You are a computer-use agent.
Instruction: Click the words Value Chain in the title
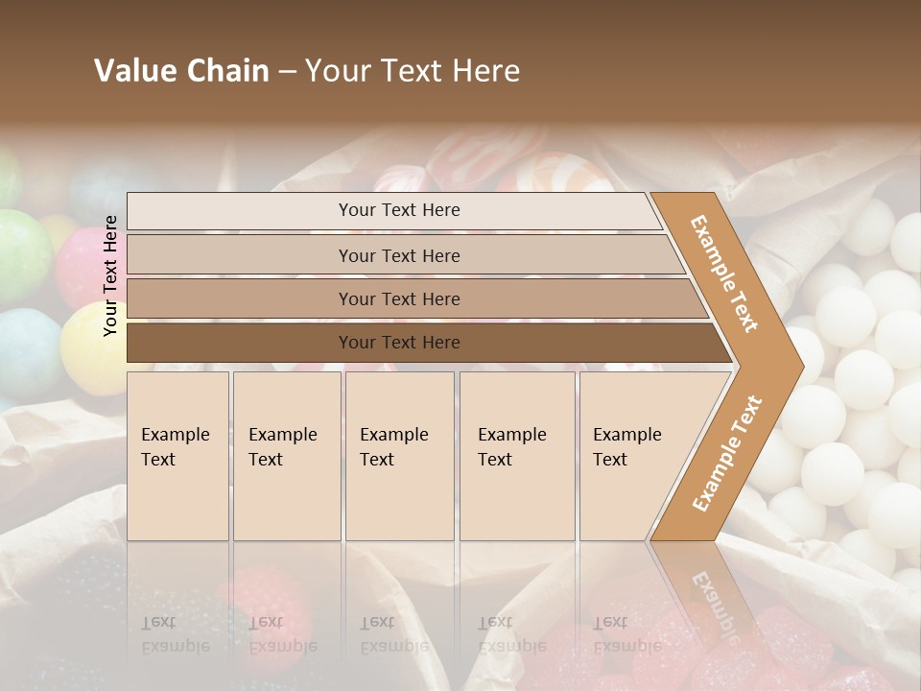point(181,71)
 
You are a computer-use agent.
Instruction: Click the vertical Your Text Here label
point(110,275)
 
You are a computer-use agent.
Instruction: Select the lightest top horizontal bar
point(398,210)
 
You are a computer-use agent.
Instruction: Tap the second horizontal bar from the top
point(398,255)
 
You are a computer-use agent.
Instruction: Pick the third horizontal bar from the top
point(398,298)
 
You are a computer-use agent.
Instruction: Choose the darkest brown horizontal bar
point(398,343)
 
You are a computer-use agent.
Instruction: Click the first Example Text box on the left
point(177,456)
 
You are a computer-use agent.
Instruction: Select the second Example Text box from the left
point(287,456)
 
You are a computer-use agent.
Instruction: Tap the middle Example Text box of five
point(399,456)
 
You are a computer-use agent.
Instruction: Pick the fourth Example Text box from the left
point(517,456)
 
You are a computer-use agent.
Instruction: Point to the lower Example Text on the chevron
point(727,453)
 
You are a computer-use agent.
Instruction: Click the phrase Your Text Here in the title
point(413,71)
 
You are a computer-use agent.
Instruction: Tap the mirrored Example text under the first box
point(175,646)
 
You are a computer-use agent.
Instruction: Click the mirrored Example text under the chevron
point(715,605)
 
